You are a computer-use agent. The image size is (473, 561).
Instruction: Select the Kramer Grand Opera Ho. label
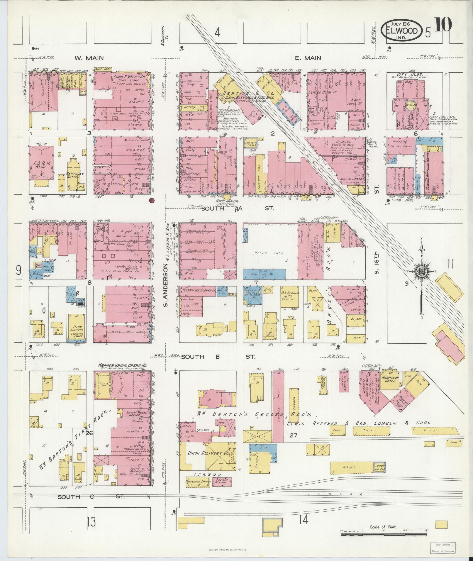[x=122, y=366]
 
